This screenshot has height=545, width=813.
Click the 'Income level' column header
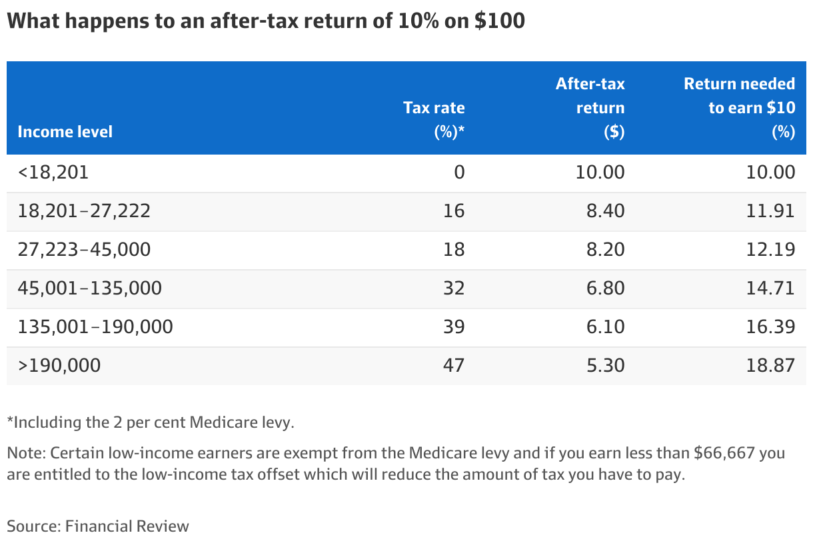click(65, 132)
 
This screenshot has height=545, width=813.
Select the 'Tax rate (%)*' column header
click(434, 120)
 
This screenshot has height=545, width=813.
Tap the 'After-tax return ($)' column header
click(590, 108)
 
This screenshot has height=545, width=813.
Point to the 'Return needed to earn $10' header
click(740, 108)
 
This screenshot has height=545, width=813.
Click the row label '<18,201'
click(53, 173)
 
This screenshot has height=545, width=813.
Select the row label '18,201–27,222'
click(84, 212)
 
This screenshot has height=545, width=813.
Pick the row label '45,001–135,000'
click(89, 288)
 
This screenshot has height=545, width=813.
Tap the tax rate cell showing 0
click(458, 173)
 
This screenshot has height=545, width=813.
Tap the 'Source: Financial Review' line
click(98, 526)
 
